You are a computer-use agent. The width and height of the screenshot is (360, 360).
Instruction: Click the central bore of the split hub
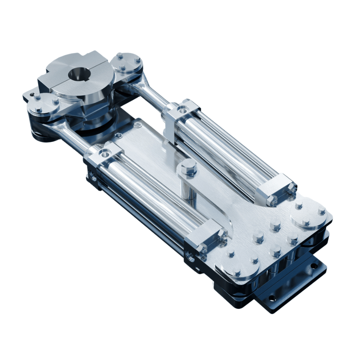[x=77, y=74]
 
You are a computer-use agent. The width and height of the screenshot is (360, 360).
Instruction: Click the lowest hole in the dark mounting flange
[x=272, y=298]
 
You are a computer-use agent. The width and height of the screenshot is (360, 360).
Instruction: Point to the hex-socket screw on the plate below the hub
[x=138, y=125]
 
